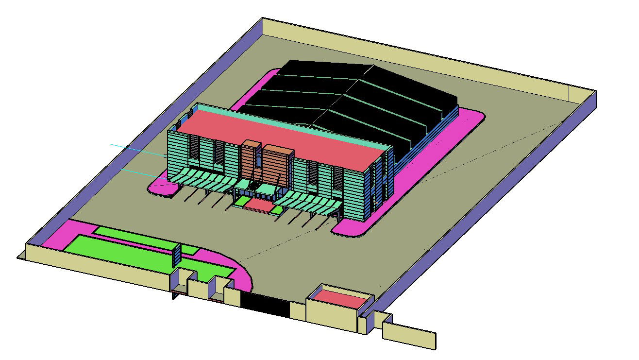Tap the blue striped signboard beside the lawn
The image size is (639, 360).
pos(177,256)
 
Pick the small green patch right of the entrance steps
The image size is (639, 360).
pos(276,210)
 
